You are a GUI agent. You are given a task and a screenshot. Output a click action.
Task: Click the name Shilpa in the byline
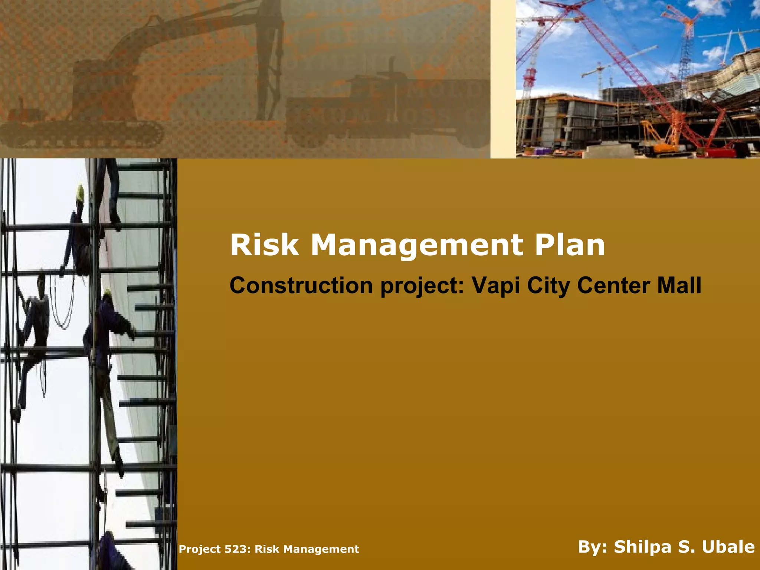pos(650,547)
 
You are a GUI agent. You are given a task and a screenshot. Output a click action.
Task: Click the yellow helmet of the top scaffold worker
pos(80,192)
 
